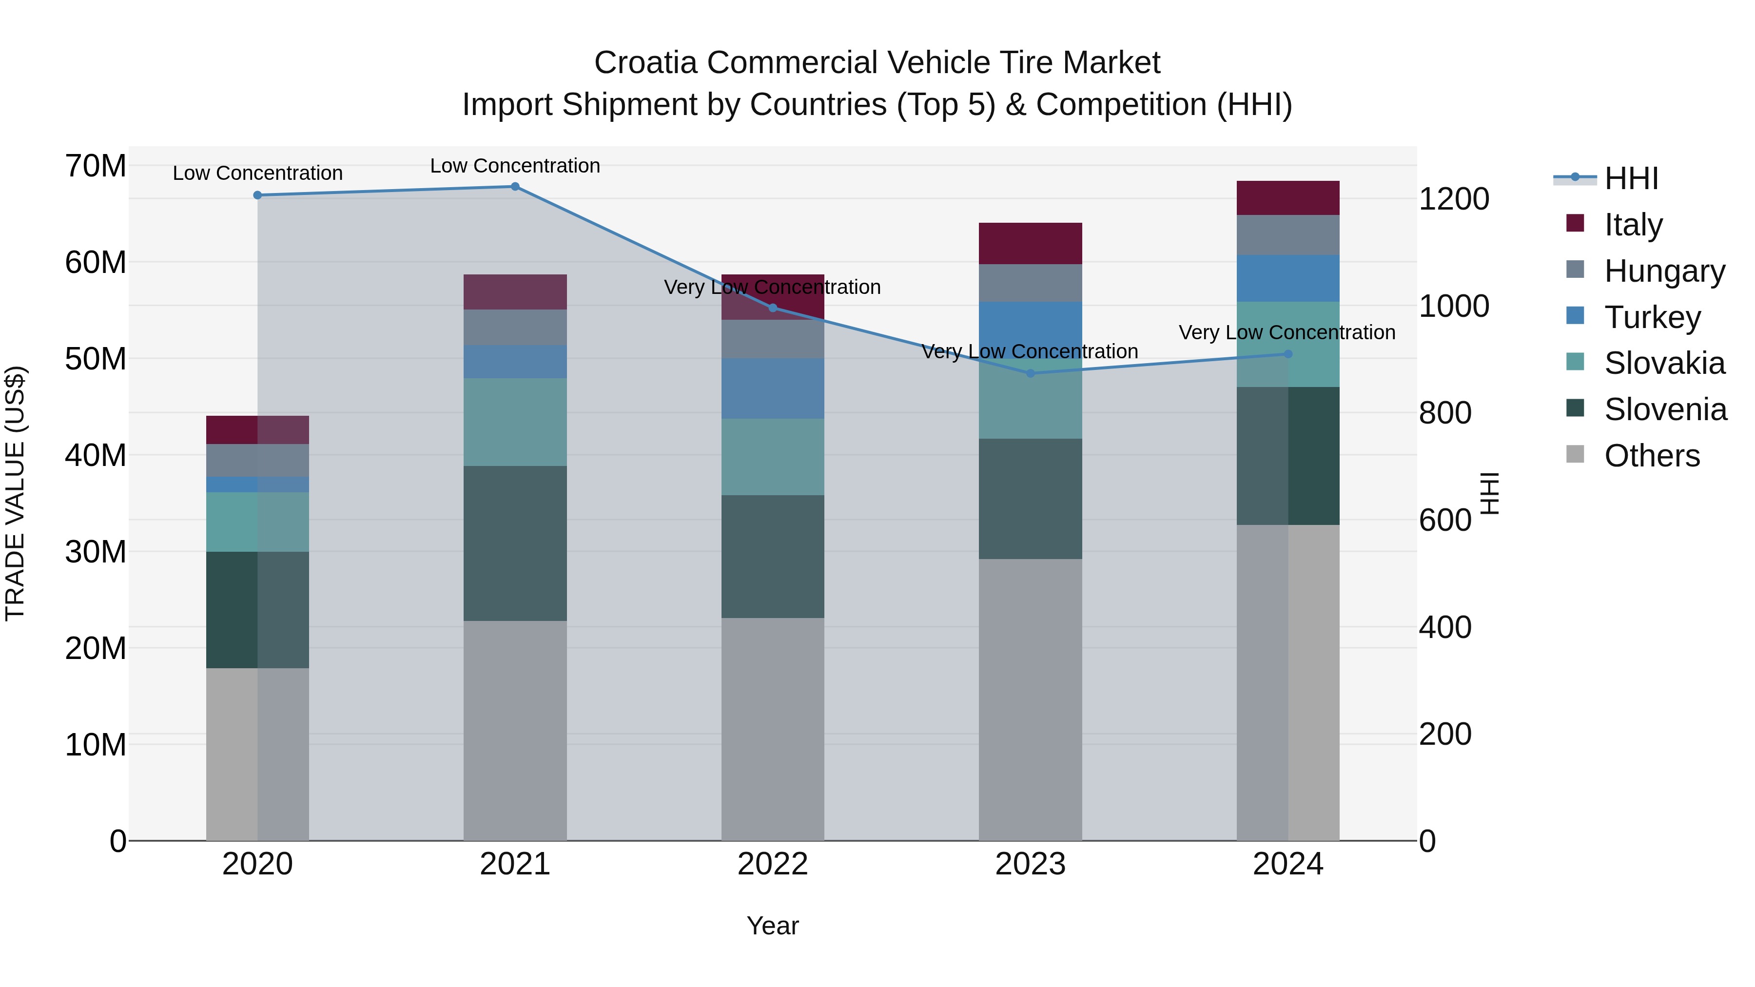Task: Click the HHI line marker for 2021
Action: point(515,187)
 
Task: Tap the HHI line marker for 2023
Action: point(1030,373)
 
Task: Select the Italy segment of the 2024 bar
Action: point(1287,198)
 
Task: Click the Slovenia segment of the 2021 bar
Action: point(515,543)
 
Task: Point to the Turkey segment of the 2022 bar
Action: point(773,388)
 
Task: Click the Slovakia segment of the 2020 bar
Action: point(257,522)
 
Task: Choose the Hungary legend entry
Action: point(1664,271)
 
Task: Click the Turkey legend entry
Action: point(1652,317)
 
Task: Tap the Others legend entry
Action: point(1652,456)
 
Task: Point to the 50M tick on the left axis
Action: point(96,359)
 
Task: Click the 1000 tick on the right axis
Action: point(1454,307)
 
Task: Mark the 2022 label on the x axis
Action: point(773,864)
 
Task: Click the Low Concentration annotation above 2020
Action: point(257,173)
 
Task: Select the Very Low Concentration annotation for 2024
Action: point(1287,332)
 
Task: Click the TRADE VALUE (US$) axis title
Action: point(15,493)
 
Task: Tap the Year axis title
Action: point(773,926)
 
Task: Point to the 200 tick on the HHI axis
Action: point(1445,735)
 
